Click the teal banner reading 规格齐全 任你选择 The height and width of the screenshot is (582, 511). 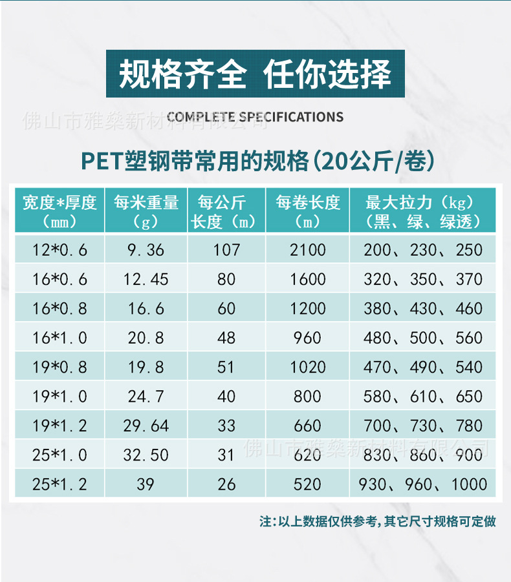[x=255, y=74]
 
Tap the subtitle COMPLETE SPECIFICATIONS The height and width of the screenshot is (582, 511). [x=255, y=117]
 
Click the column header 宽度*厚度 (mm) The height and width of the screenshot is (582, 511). [x=60, y=211]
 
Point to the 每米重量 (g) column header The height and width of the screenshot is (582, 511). [x=146, y=211]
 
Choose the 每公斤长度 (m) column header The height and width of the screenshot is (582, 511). [x=226, y=211]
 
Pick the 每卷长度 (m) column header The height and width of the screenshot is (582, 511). [x=307, y=211]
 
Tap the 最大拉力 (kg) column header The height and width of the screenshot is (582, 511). [x=423, y=211]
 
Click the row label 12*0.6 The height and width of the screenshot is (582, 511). [x=60, y=249]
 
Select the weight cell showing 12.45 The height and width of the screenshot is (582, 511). [x=146, y=279]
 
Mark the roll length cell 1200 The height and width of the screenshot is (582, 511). [x=307, y=309]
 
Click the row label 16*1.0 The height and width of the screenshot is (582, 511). [x=60, y=338]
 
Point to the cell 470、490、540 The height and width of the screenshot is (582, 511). [x=423, y=367]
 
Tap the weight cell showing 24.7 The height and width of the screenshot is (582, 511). [x=146, y=397]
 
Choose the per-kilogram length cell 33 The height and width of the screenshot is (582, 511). [x=226, y=426]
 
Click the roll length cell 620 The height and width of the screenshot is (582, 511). [x=307, y=455]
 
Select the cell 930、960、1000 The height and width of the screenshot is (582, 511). [x=423, y=484]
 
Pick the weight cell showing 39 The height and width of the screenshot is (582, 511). [x=146, y=484]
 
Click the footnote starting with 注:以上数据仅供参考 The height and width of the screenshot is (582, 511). [x=378, y=521]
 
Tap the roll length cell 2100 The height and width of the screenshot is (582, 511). [x=307, y=249]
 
